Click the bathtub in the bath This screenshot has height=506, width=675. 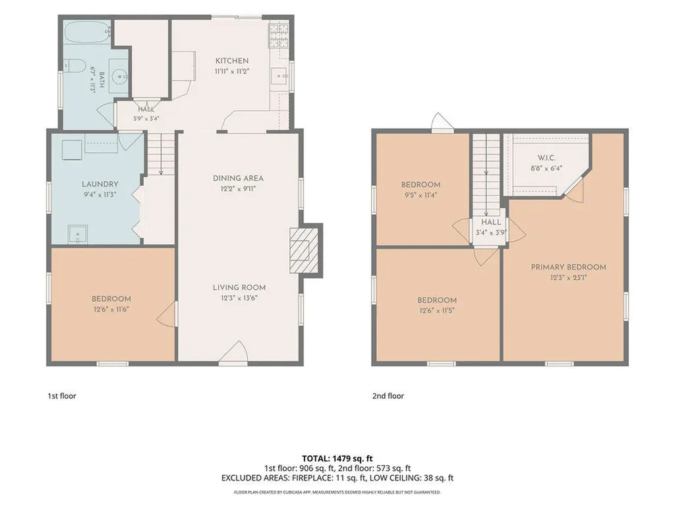pos(88,32)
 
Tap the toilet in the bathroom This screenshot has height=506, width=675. pos(74,66)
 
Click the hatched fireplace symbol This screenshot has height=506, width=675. pos(304,250)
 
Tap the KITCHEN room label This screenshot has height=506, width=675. pos(232,61)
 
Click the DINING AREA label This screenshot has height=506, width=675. pos(238,178)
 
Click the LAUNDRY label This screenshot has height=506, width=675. pos(100,184)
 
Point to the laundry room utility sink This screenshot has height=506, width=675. pos(78,235)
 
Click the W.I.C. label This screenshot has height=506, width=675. pos(546,158)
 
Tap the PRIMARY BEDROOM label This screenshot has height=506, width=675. pos(568,267)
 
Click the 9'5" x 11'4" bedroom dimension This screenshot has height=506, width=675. pos(421,195)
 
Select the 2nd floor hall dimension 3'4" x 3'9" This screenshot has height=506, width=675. pos(491,233)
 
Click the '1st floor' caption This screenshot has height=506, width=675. pos(61,396)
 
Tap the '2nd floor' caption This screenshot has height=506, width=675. pos(388,396)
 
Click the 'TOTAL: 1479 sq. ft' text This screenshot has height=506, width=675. pos(337,459)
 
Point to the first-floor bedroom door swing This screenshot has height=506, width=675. pos(167,314)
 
